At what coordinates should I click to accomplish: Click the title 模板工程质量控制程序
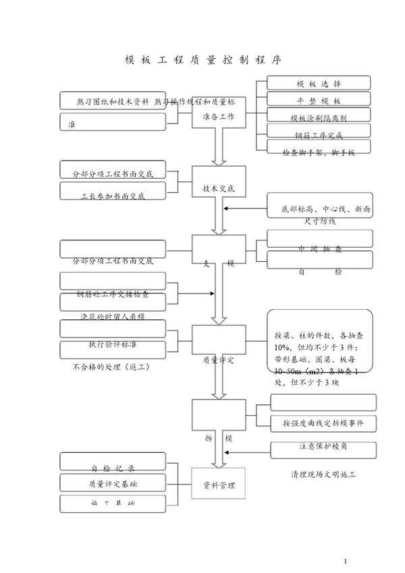pyautogui.click(x=202, y=59)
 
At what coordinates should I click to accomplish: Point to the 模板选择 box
pyautogui.click(x=319, y=83)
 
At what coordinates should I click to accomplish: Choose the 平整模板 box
pyautogui.click(x=319, y=100)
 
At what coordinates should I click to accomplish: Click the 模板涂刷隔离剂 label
pyautogui.click(x=319, y=117)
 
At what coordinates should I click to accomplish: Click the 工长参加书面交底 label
pyautogui.click(x=113, y=196)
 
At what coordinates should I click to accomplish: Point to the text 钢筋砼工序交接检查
pyautogui.click(x=113, y=295)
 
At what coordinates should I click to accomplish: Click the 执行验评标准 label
pyautogui.click(x=113, y=344)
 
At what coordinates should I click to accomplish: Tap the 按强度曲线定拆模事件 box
pyautogui.click(x=323, y=423)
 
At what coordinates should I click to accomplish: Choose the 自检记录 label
pyautogui.click(x=113, y=467)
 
